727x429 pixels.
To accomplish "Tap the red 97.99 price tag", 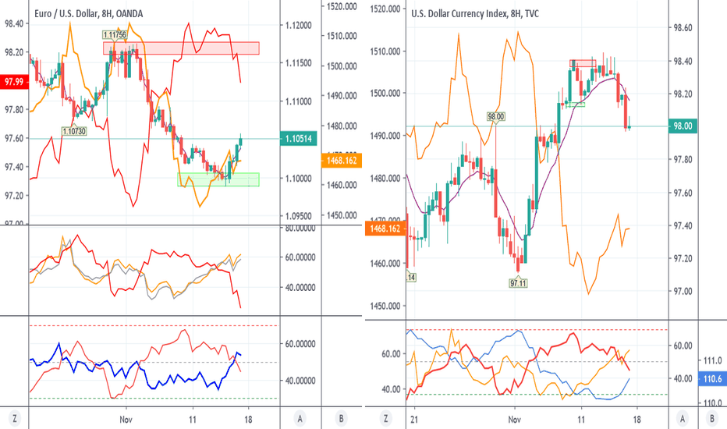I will [x=13, y=80].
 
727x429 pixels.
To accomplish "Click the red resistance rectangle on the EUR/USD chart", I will [x=181, y=48].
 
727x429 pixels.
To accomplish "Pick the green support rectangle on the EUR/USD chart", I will [x=218, y=179].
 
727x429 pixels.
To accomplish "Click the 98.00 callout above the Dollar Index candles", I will [x=496, y=117].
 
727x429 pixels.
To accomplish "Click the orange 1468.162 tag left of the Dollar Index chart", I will [x=383, y=229].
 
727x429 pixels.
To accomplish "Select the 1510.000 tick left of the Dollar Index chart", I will [x=383, y=51].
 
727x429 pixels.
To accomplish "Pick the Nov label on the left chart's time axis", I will [x=125, y=419].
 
